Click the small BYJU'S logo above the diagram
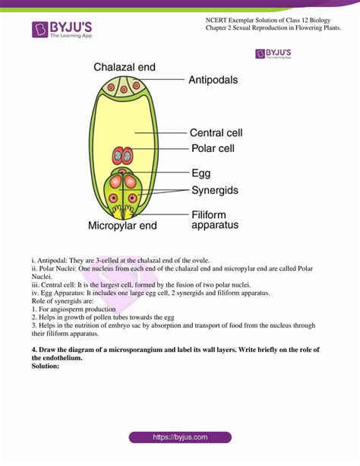coord(273,53)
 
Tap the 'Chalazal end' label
coord(125,68)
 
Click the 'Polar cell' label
coord(213,148)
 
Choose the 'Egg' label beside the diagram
coord(201,173)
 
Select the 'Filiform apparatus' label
coord(215,219)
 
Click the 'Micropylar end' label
coord(122,226)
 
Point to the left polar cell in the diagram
coord(118,156)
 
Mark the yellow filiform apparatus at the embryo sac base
coord(123,208)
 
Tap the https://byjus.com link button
coord(179,438)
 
